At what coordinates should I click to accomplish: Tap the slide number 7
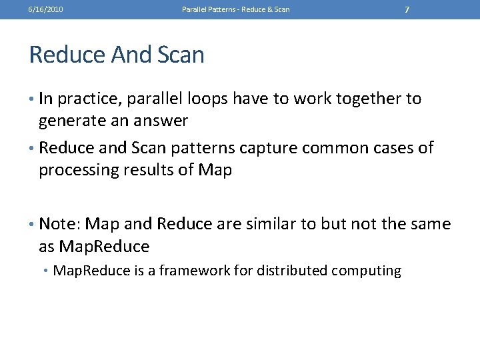(x=407, y=9)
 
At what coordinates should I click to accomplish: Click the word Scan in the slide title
(x=181, y=55)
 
